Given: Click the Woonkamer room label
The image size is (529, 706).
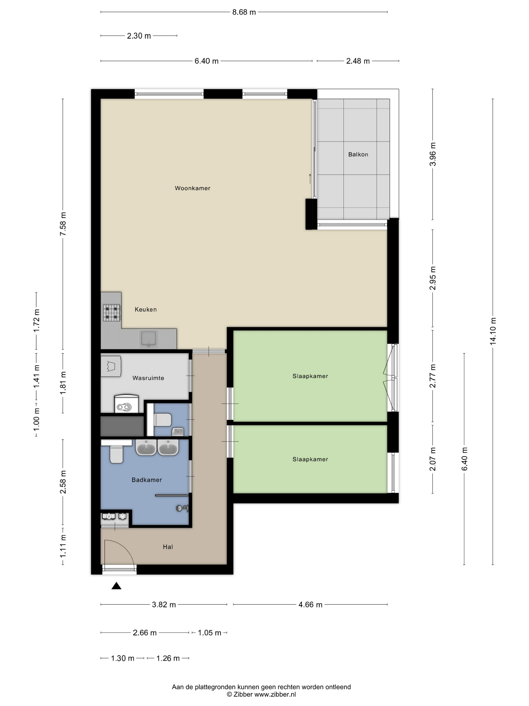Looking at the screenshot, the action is [x=192, y=188].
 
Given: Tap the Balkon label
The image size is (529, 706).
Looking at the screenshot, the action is [x=358, y=155].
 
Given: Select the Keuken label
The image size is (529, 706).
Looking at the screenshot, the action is [x=146, y=309].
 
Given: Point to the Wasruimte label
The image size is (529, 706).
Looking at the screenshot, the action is [x=148, y=378].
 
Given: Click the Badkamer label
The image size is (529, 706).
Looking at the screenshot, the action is [x=147, y=480].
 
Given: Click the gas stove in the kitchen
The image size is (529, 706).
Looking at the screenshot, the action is [x=112, y=312].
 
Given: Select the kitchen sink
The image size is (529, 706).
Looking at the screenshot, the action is [x=148, y=339].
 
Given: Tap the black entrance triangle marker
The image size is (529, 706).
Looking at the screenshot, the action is [x=116, y=586].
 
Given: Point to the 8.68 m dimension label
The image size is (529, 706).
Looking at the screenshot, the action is [x=244, y=12].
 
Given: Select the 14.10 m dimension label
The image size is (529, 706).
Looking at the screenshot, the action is [x=493, y=331].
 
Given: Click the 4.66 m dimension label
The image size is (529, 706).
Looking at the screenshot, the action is [x=310, y=604].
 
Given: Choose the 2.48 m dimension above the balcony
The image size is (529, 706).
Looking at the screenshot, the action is [x=358, y=61].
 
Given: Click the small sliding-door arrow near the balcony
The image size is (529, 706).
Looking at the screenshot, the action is [x=310, y=179].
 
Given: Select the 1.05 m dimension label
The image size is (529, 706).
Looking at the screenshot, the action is [x=210, y=633].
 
